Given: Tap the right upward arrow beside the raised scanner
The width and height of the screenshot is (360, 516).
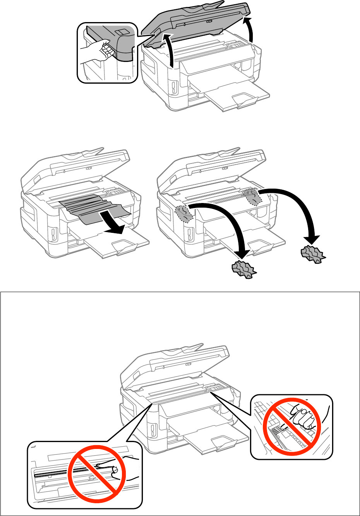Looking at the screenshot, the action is click(250, 29).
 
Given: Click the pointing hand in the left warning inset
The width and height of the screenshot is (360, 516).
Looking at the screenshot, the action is click(120, 467).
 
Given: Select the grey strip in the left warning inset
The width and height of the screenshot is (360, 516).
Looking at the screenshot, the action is click(58, 473).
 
